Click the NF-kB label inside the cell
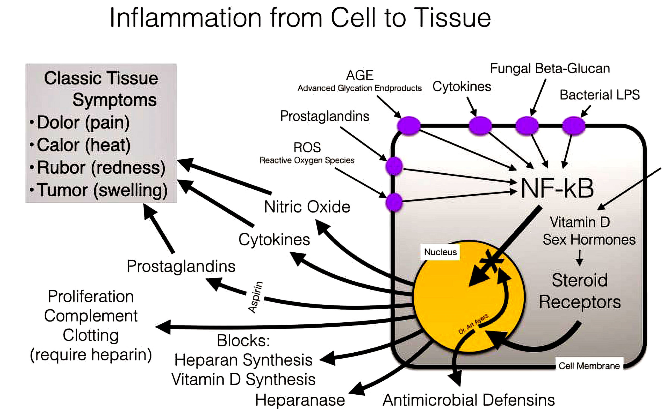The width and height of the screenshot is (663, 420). pyautogui.click(x=557, y=189)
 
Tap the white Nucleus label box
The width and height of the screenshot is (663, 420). pyautogui.click(x=440, y=252)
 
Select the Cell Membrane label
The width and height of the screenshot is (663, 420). pyautogui.click(x=589, y=366)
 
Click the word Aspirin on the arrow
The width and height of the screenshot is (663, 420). pyautogui.click(x=256, y=297)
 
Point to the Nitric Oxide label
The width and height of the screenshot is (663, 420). pyautogui.click(x=307, y=207)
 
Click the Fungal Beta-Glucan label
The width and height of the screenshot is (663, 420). pyautogui.click(x=550, y=69)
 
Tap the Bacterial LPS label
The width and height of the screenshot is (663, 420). pyautogui.click(x=599, y=95)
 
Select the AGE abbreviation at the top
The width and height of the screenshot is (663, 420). pyautogui.click(x=359, y=75)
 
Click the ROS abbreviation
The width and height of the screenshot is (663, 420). pyautogui.click(x=307, y=148)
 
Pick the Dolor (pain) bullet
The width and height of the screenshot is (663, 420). pyautogui.click(x=83, y=123)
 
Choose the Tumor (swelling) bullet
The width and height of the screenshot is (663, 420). pyautogui.click(x=102, y=190)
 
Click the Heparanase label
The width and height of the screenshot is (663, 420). pyautogui.click(x=300, y=400)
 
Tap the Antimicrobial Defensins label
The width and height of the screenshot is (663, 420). pyautogui.click(x=468, y=400)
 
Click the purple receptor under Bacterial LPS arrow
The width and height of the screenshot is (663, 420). pyautogui.click(x=573, y=126)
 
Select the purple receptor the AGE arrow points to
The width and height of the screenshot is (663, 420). pyautogui.click(x=409, y=126)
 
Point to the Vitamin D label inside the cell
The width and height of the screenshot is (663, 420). pyautogui.click(x=580, y=222)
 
